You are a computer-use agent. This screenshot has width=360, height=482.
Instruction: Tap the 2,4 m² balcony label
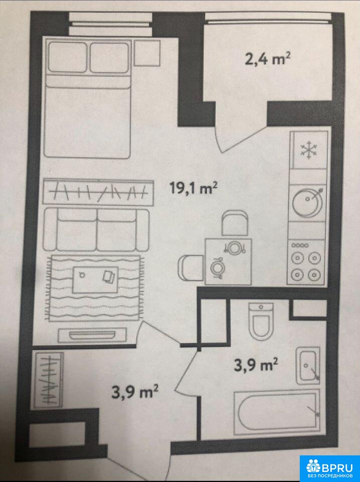click(268, 58)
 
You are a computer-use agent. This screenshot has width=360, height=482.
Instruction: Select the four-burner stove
click(306, 262)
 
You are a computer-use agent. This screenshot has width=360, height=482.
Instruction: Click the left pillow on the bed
click(68, 57)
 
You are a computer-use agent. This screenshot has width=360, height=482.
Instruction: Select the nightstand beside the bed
click(147, 53)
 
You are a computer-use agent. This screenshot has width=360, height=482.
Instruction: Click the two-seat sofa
click(96, 229)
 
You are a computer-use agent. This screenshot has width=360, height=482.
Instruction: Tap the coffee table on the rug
click(95, 279)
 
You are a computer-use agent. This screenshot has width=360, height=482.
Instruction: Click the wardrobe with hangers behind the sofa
click(98, 192)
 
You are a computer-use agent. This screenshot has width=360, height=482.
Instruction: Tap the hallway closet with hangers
click(49, 380)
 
